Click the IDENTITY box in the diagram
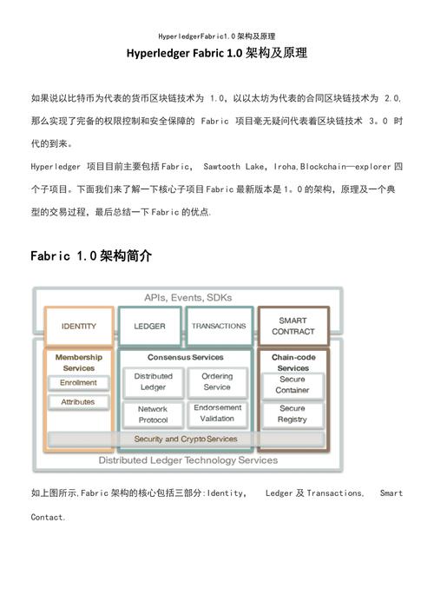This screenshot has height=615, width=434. click(79, 327)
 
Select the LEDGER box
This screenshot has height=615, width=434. click(149, 327)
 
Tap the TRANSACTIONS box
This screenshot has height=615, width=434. click(219, 327)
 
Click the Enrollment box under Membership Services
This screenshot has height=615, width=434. click(79, 383)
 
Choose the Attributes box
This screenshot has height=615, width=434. click(79, 402)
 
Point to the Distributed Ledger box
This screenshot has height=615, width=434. click(153, 382)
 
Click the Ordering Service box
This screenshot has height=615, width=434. click(217, 382)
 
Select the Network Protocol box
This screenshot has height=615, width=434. click(153, 413)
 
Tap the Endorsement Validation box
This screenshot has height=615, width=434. click(217, 413)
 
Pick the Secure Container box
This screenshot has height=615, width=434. click(293, 385)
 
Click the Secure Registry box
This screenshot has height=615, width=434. click(293, 413)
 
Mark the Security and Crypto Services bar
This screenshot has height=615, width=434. click(185, 440)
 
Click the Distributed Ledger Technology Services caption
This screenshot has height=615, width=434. click(187, 460)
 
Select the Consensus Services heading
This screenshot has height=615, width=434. click(185, 357)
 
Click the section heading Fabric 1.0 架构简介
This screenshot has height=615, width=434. click(91, 256)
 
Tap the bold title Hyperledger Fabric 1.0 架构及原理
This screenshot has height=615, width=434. click(217, 54)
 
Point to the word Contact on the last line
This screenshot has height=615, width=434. click(47, 517)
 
